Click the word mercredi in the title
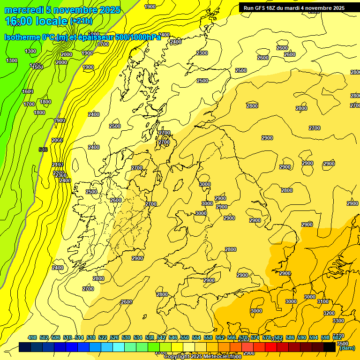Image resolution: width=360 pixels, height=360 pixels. coord(23,10)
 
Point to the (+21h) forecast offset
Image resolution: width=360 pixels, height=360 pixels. coord(82,21)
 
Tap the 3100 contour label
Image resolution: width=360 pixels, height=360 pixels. coord(323,301)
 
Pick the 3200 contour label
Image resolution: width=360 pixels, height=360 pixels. coord(329,313)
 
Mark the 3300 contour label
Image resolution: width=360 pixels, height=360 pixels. coord(338,321)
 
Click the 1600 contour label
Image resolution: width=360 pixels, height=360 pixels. coord(28,91)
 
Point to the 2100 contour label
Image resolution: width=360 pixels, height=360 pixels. coord(58,165)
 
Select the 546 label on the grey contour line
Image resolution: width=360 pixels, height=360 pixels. coord(43,150)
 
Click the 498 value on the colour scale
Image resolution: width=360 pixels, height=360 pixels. coord(32,337)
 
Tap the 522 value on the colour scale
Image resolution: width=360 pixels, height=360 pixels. coord(103,337)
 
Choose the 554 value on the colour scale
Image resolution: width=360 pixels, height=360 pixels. coord(196,337)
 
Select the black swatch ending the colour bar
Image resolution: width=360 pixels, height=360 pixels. coord(330,347)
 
